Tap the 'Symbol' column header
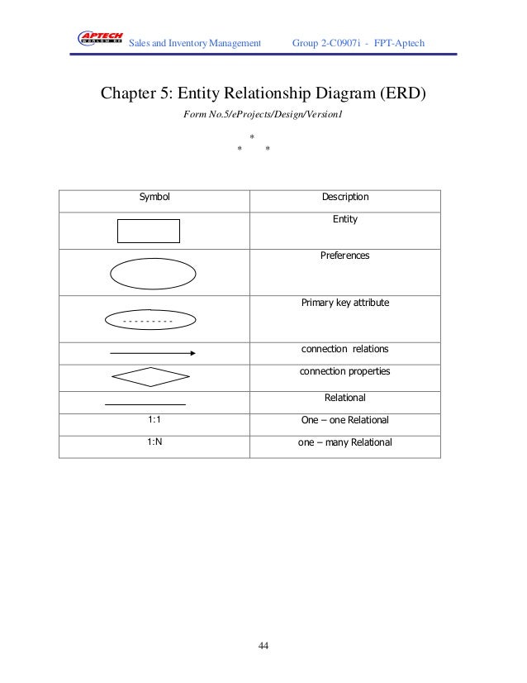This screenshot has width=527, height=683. coord(154,198)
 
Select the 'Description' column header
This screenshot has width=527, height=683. coord(344,198)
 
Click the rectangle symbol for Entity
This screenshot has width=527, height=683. coord(149,231)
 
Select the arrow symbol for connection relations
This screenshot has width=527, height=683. coord(152,353)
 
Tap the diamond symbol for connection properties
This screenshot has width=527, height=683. coord(151,377)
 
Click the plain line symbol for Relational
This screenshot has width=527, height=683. coord(145,404)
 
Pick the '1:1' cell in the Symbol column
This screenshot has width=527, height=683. coord(154,420)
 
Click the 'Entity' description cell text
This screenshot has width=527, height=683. coord(344,220)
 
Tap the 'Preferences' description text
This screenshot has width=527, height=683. coord(344,256)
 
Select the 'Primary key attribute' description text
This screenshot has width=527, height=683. coord(344,303)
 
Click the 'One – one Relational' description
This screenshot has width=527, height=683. coord(344,420)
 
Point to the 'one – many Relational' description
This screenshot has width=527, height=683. coord(344,442)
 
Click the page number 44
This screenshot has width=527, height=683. coord(263,646)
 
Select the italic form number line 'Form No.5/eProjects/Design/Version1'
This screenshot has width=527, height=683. coord(262,115)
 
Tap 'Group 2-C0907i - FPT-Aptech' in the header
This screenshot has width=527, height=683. coord(358,41)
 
